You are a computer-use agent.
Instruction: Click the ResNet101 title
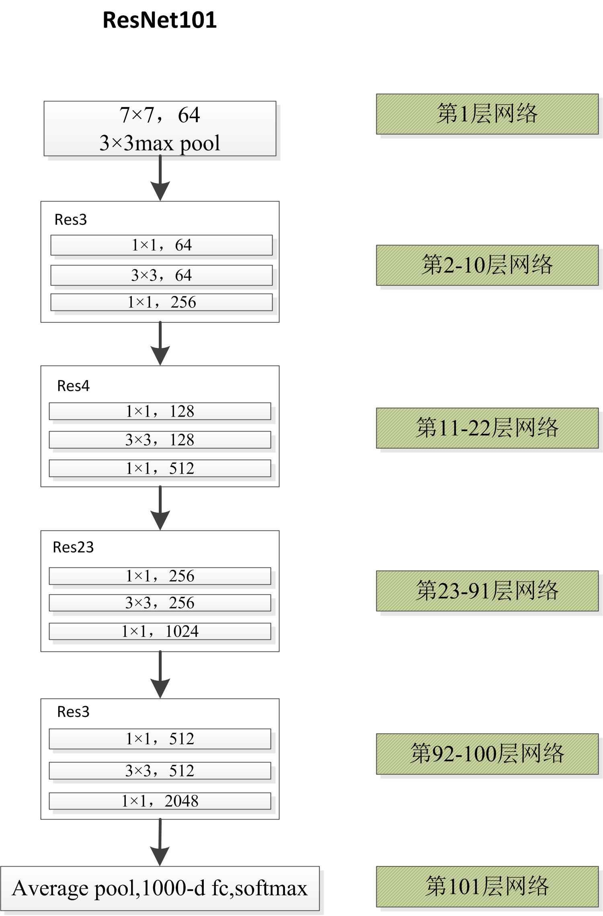tap(160, 20)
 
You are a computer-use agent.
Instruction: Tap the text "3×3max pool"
tap(160, 143)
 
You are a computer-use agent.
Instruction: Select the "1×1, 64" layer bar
tap(161, 245)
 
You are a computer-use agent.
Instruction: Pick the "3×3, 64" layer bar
tap(161, 275)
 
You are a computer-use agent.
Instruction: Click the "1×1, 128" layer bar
tap(160, 411)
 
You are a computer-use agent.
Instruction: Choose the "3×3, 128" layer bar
tap(160, 440)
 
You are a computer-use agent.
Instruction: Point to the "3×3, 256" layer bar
tap(160, 603)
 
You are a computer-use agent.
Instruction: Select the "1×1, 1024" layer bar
tap(160, 631)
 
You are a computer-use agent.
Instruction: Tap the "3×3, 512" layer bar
tap(160, 770)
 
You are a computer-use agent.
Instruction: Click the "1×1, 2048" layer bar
tap(160, 801)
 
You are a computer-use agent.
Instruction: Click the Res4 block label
tap(73, 386)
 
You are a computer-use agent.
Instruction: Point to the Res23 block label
tap(73, 547)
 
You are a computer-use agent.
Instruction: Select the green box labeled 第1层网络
tap(487, 114)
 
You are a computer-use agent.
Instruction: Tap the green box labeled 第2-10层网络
tap(487, 265)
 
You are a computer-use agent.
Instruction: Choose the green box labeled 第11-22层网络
tap(487, 428)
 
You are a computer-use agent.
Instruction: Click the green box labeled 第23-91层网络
tap(487, 591)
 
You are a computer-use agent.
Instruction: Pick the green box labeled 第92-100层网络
tap(487, 754)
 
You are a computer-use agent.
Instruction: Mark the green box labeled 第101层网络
tap(487, 887)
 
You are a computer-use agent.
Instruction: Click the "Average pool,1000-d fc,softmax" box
tap(160, 888)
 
